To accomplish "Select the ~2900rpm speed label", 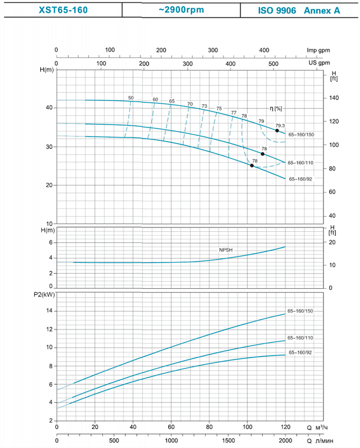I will (x=183, y=10).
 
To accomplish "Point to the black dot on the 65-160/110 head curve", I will (x=263, y=154).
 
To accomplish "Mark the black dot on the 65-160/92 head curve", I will (x=252, y=165).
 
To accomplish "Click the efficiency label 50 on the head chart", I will (x=131, y=98).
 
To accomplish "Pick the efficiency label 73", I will (x=204, y=106).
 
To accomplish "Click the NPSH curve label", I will (x=227, y=249).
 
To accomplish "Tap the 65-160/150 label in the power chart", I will (x=300, y=311).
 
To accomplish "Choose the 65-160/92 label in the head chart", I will (x=301, y=179).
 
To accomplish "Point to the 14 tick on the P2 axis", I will (x=50, y=311).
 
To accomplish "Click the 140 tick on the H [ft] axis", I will (x=333, y=98).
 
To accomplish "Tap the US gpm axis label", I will (x=319, y=63).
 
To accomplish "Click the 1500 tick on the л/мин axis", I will (x=228, y=441).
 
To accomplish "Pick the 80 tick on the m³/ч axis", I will (x=209, y=427).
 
